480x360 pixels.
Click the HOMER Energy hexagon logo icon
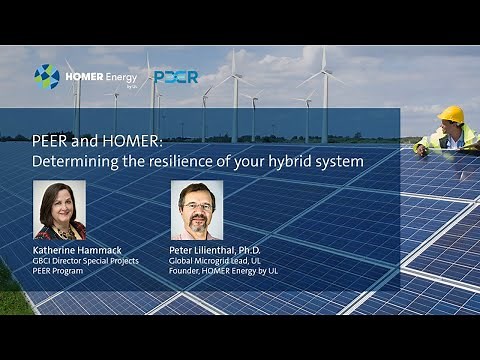(46, 77)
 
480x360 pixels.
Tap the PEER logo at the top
(177, 77)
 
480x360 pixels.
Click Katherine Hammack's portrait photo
(60, 210)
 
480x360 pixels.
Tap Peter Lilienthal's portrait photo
(196, 210)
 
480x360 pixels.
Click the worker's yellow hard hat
(451, 113)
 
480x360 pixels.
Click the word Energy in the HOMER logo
(119, 75)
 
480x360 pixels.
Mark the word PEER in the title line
(48, 140)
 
